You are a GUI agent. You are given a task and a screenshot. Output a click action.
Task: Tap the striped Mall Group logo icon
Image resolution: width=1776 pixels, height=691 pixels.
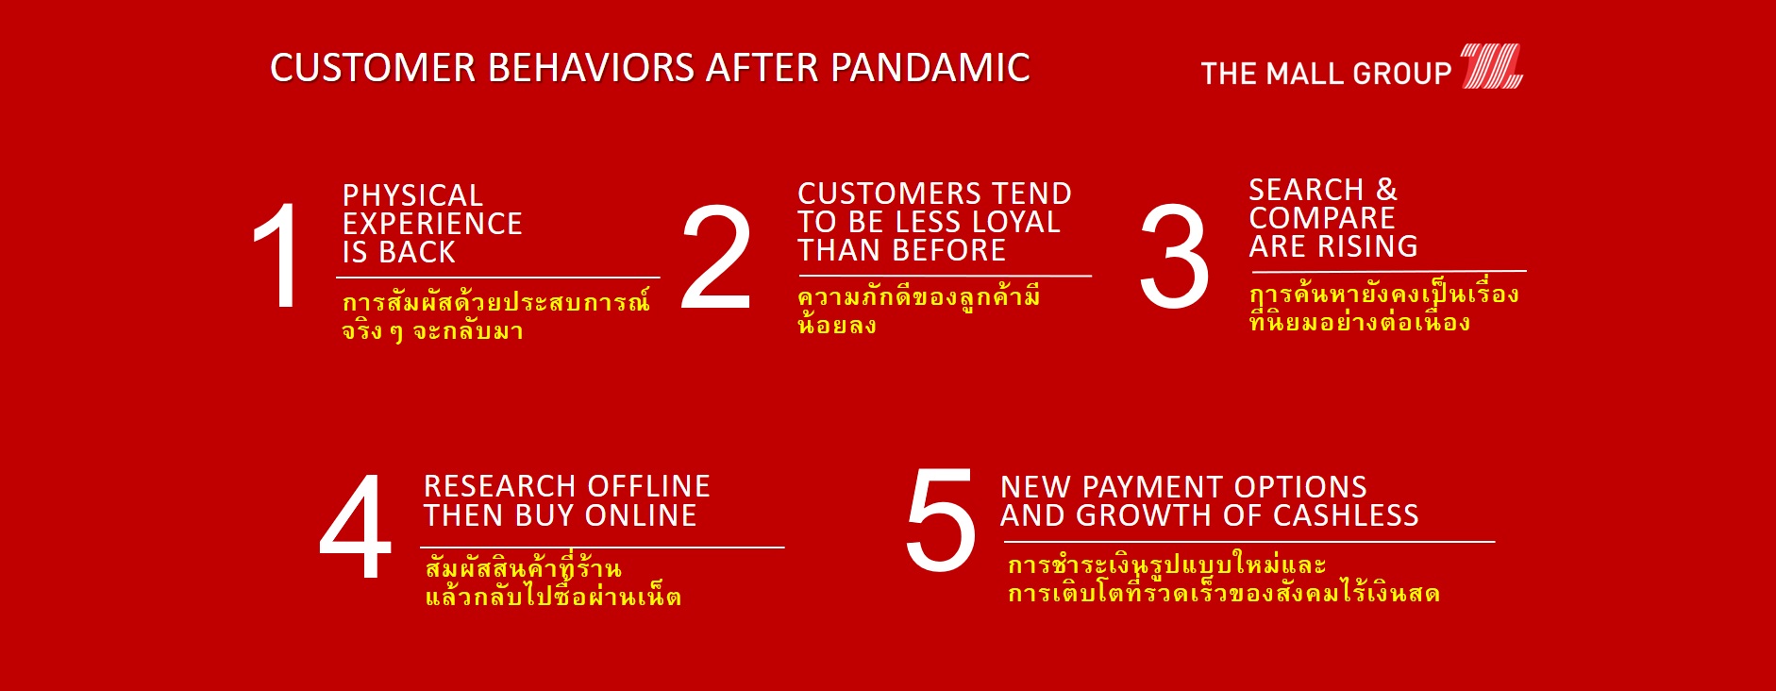1492,66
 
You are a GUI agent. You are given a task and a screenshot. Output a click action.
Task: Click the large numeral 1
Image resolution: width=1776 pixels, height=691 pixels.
277,255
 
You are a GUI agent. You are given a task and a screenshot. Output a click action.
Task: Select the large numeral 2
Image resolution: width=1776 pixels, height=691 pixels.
716,257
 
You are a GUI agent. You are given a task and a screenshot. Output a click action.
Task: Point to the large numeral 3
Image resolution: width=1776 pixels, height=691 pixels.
1174,256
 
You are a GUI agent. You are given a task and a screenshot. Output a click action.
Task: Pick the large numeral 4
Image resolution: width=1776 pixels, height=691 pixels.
356,526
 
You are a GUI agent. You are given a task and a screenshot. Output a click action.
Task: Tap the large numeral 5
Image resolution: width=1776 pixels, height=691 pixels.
941,520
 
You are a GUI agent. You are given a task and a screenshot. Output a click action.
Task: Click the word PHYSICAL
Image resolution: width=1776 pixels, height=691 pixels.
412,195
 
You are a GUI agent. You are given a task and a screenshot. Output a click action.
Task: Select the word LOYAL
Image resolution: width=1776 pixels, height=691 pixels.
1016,222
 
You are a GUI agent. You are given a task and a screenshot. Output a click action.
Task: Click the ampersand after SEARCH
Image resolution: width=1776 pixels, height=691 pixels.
1386,190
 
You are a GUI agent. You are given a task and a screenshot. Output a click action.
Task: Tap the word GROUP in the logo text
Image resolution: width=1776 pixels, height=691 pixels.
1402,74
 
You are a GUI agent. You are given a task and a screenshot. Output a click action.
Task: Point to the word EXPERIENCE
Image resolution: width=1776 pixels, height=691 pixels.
432,224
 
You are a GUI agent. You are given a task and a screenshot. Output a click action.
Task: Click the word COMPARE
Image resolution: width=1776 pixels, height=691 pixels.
1322,218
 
